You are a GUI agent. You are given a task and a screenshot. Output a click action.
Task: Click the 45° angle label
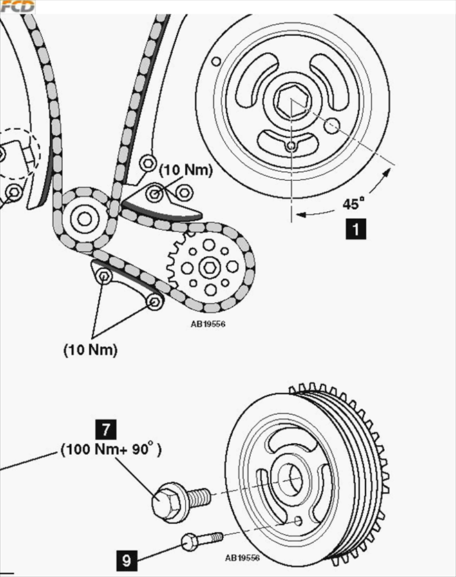[352, 204]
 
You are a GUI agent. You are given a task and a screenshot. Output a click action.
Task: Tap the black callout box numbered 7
[105, 429]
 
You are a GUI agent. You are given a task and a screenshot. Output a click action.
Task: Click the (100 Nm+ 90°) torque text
[111, 450]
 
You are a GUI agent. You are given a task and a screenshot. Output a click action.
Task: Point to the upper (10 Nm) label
[185, 170]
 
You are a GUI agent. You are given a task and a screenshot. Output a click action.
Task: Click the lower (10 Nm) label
[90, 350]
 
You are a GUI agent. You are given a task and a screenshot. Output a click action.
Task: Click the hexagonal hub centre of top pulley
[291, 104]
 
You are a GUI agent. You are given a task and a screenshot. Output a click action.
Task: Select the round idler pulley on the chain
[85, 219]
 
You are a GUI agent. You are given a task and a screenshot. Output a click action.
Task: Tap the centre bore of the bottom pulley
[288, 479]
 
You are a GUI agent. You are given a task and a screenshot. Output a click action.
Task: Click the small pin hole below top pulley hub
[291, 146]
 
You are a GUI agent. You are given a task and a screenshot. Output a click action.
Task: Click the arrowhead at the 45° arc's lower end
[297, 215]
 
